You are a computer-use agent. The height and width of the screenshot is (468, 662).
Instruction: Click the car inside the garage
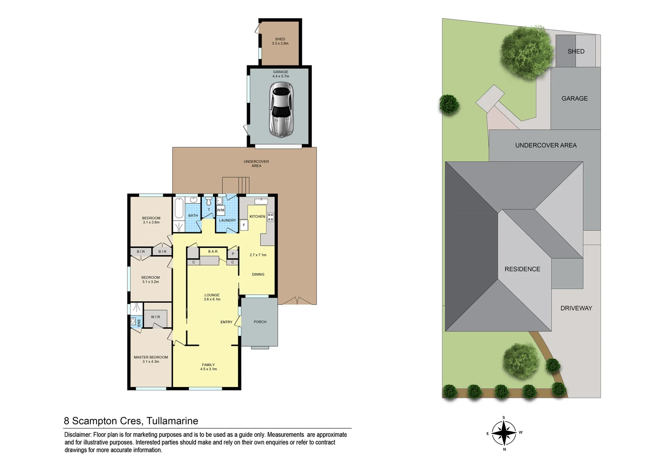(x=281, y=110)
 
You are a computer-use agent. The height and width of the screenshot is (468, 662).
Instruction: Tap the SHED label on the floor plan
(x=280, y=39)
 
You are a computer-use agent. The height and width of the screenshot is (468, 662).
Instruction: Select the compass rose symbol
(x=504, y=433)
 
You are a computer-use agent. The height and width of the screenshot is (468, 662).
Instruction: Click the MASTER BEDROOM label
(x=151, y=357)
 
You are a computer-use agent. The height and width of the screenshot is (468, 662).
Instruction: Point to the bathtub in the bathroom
(x=179, y=208)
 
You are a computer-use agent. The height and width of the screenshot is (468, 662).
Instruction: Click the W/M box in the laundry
(x=221, y=210)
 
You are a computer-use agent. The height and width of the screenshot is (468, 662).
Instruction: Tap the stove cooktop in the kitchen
(x=270, y=217)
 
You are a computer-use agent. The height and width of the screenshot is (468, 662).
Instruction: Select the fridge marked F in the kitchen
(x=244, y=225)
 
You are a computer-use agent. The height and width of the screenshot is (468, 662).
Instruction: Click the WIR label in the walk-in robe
(x=156, y=317)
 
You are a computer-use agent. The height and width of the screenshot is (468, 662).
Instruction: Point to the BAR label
(x=213, y=252)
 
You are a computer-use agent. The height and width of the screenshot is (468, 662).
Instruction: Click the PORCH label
(x=260, y=322)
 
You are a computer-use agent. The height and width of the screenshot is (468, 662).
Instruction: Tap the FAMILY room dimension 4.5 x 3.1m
(x=208, y=369)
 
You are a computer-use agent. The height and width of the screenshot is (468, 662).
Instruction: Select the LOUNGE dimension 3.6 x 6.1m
(x=212, y=299)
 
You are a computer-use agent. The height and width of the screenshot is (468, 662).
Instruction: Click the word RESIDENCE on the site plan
(x=522, y=269)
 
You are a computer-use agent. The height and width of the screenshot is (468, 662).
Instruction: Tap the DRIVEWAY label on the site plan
(x=576, y=308)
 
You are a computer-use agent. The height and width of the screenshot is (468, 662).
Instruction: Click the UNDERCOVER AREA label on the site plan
(x=545, y=146)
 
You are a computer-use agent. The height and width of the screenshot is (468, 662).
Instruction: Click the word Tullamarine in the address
(x=172, y=421)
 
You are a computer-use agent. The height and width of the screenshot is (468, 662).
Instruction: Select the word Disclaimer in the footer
(x=78, y=435)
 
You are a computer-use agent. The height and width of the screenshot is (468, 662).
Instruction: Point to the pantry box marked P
(x=233, y=254)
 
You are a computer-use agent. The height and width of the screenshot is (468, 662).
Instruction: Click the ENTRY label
(x=226, y=322)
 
